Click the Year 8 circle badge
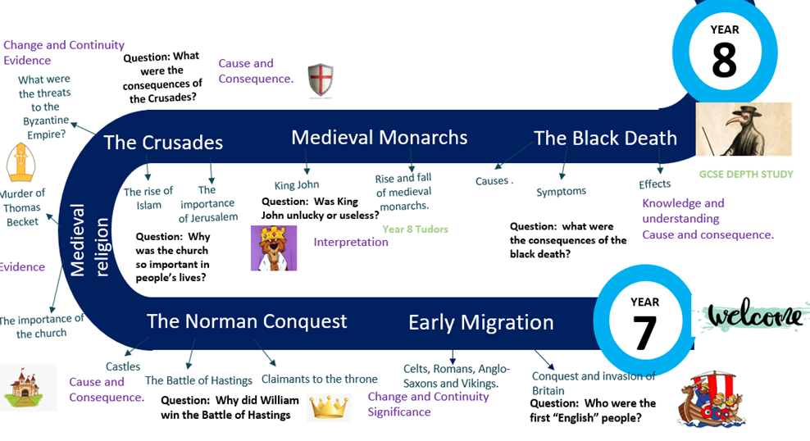coord(725,52)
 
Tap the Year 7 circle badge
coord(645,321)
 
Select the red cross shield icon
coord(321,80)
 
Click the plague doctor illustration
coord(744,129)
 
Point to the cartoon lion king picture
coord(274,248)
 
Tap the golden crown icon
coord(329,407)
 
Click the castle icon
coord(24,388)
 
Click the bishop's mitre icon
coord(21,162)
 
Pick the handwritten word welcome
coord(755,315)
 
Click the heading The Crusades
coord(163,143)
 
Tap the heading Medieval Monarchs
coord(379,138)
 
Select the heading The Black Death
coord(605,138)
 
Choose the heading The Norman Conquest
coord(247,321)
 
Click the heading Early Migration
coord(481,323)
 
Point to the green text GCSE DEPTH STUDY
coord(746,174)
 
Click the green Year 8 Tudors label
coord(416,230)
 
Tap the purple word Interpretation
coord(351,242)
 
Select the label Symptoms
coord(561,192)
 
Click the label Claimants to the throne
coord(319,379)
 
